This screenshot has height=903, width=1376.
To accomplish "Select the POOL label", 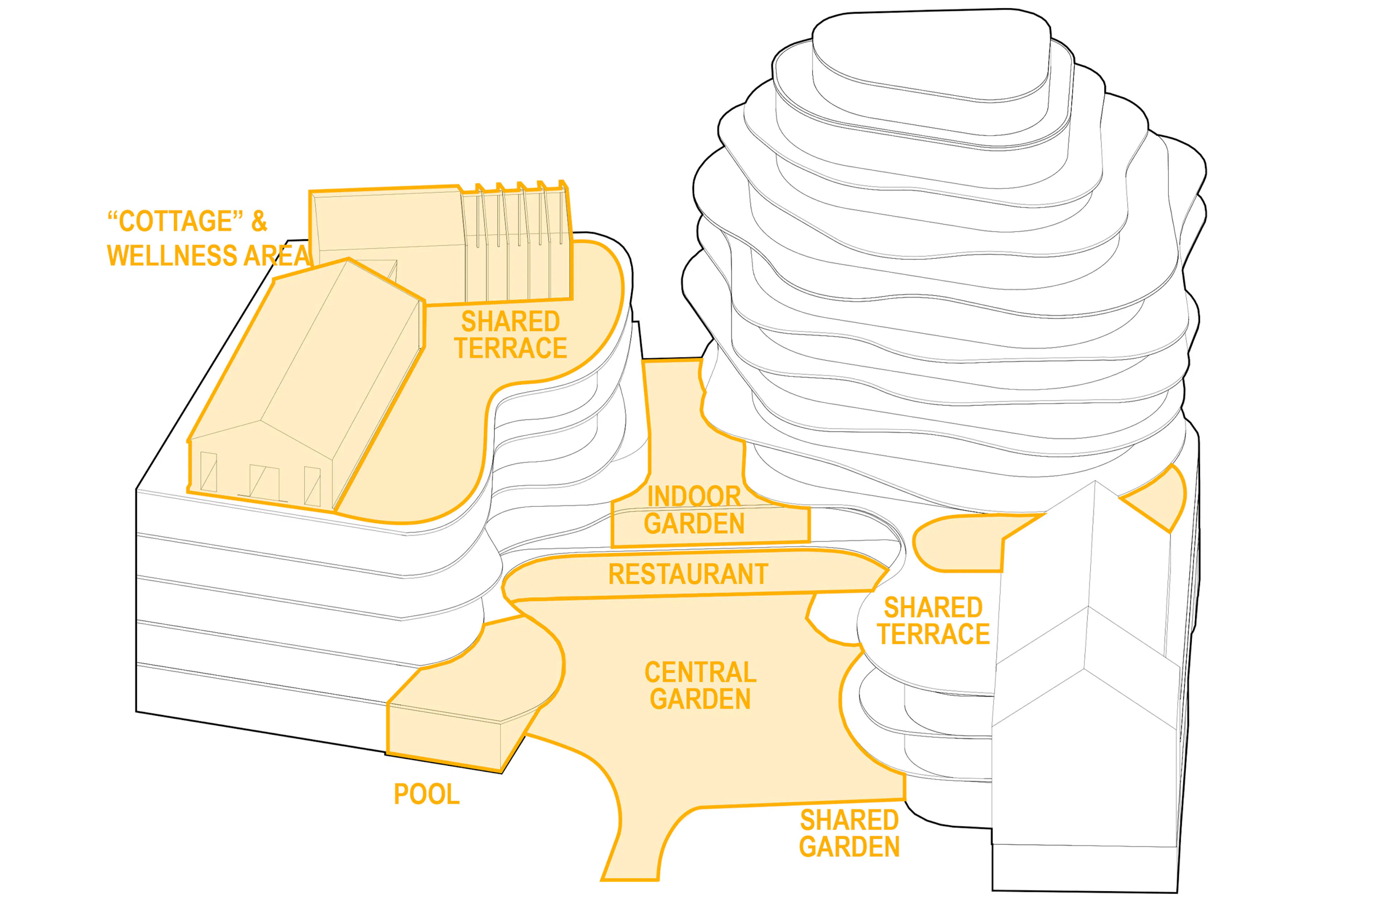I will tap(427, 794).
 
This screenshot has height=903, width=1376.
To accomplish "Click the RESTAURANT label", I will tap(688, 575).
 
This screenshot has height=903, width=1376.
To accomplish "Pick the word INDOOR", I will tap(694, 496).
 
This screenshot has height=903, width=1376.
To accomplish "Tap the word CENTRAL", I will tap(700, 672).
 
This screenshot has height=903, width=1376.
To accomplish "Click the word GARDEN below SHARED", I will tap(849, 847).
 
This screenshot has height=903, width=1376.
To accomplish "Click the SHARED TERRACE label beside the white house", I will tap(933, 621).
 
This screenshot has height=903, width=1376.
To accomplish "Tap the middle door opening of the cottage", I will tap(264, 481).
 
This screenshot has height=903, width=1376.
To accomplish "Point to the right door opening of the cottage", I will tap(312, 486).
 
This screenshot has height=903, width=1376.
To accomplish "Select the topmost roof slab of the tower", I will tap(931, 55).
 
